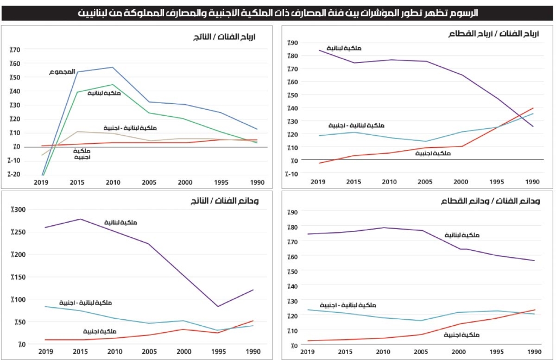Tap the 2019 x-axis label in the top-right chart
[319, 182]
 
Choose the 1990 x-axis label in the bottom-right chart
[535, 351]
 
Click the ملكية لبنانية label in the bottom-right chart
[462, 235]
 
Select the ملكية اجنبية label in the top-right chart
[433, 154]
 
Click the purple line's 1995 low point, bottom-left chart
[218, 307]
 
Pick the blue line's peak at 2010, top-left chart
[112, 67]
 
